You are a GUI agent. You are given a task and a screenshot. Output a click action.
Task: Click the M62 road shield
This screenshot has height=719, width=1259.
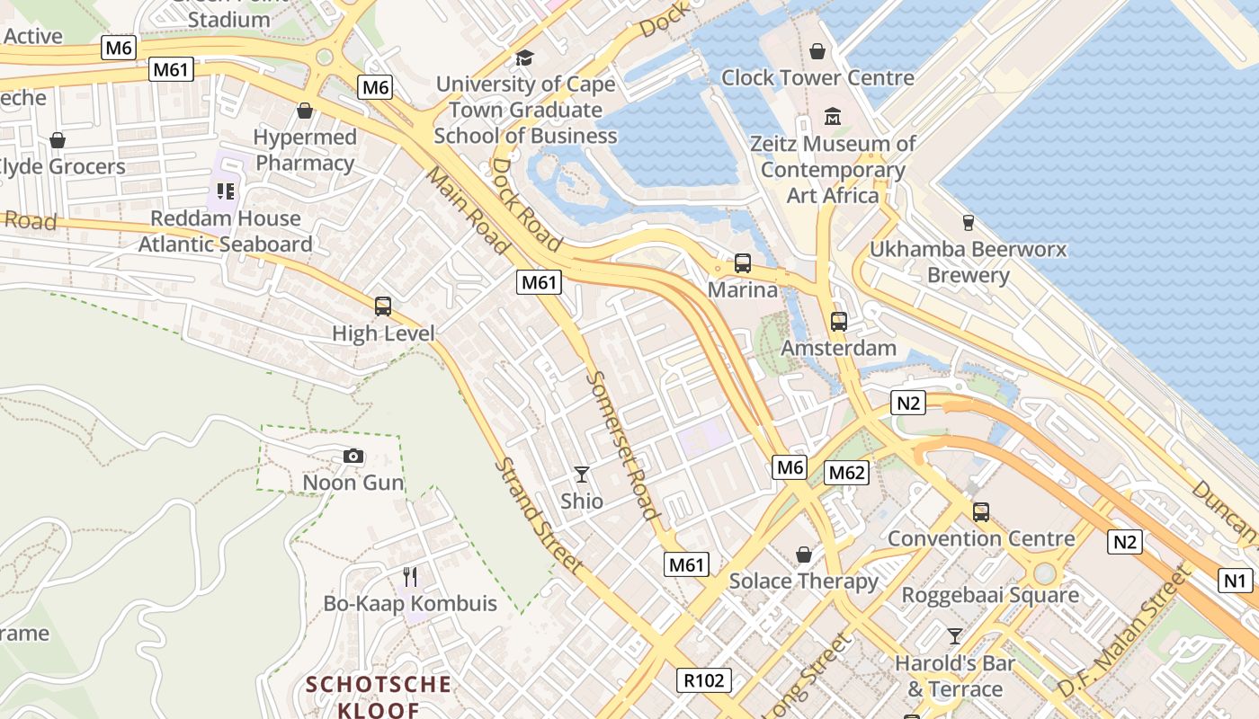click(846, 473)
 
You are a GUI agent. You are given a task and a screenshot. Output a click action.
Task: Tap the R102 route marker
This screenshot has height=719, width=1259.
click(703, 680)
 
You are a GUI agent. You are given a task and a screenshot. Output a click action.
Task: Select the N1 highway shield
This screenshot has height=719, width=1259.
click(1236, 581)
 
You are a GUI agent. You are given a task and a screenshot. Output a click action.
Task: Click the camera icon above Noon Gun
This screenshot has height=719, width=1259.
click(353, 457)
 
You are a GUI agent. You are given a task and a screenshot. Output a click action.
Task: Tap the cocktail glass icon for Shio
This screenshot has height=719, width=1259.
click(582, 474)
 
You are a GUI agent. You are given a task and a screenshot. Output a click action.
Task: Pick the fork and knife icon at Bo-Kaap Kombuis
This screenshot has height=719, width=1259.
click(410, 576)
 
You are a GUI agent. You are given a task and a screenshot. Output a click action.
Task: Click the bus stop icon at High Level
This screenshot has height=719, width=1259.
click(383, 306)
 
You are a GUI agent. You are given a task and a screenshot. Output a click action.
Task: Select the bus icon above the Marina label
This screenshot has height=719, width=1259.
click(743, 263)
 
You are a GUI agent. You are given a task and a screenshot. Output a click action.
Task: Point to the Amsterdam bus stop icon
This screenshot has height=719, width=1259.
click(839, 322)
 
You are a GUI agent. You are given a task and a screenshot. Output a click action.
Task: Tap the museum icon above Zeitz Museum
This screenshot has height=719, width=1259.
click(833, 117)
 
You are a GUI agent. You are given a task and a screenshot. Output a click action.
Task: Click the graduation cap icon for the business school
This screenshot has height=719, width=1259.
click(524, 58)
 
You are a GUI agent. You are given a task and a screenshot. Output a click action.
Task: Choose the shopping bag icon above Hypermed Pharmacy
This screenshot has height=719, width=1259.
click(305, 111)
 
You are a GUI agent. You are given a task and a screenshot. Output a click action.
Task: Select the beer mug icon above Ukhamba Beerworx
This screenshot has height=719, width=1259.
click(969, 222)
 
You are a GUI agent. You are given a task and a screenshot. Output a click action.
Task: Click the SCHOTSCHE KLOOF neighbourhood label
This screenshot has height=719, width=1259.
click(379, 697)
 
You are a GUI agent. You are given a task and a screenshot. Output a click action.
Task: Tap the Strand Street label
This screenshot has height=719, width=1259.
click(538, 516)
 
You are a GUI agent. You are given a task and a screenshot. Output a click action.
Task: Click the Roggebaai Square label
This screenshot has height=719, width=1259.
click(990, 595)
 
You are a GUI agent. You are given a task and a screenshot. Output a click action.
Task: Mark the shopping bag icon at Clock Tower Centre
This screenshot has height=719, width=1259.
click(817, 51)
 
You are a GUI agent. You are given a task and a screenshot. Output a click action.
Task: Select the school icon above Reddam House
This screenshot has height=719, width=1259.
click(225, 191)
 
